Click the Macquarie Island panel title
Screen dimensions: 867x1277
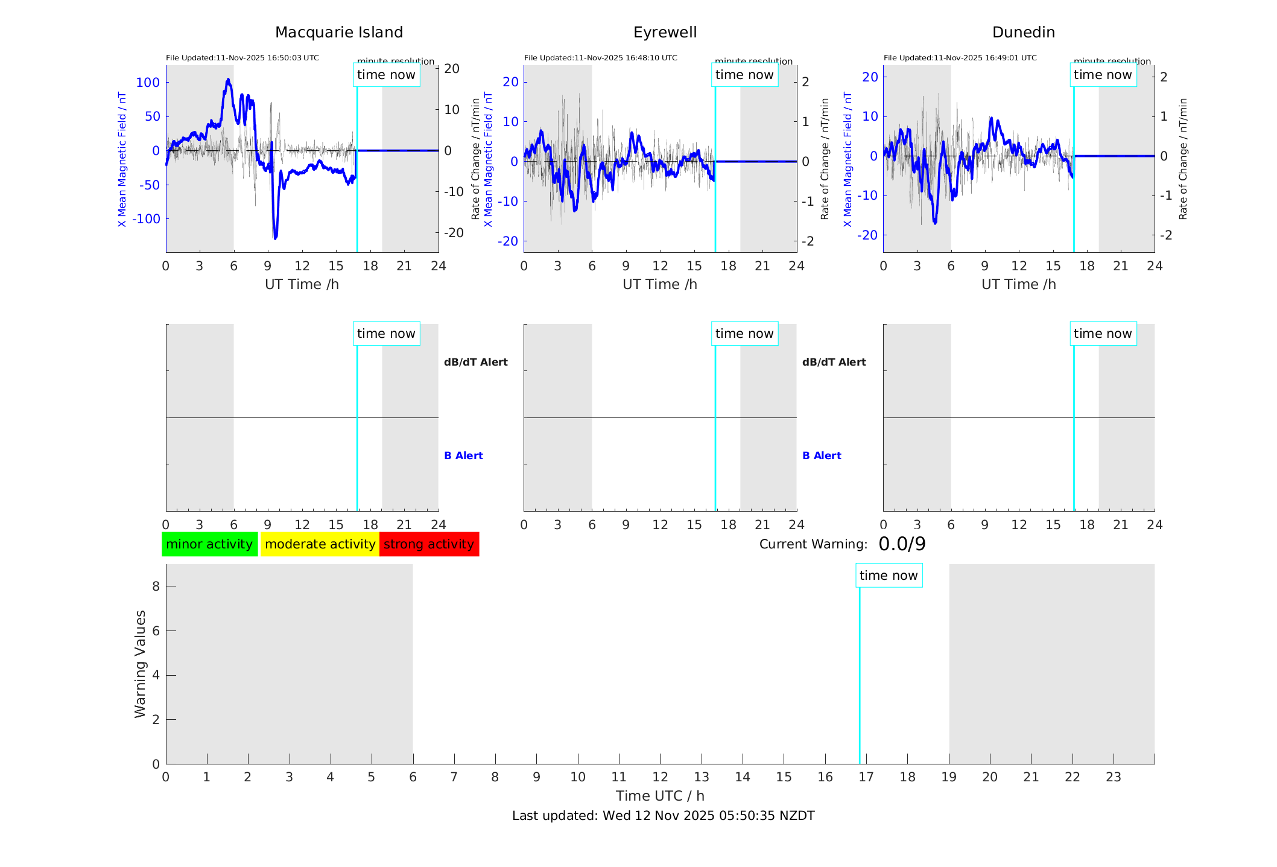pyautogui.click(x=338, y=33)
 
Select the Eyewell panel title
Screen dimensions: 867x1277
pyautogui.click(x=665, y=33)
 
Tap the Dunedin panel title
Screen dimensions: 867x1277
pyautogui.click(x=1023, y=33)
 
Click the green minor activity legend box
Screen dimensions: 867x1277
pyautogui.click(x=209, y=544)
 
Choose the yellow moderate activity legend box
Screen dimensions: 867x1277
pyautogui.click(x=320, y=544)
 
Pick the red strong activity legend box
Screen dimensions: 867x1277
pyautogui.click(x=429, y=544)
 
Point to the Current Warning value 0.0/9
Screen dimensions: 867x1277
pyautogui.click(x=902, y=544)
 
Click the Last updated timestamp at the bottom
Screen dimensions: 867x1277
pyautogui.click(x=663, y=816)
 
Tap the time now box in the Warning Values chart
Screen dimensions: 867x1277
pyautogui.click(x=889, y=576)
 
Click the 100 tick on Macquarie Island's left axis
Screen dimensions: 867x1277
pyautogui.click(x=148, y=83)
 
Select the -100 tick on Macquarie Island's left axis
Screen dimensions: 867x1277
pyautogui.click(x=146, y=219)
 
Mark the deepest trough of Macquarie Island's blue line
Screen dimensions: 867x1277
pyautogui.click(x=276, y=238)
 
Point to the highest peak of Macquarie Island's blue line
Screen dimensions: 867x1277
pyautogui.click(x=228, y=80)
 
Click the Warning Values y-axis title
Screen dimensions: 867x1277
pyautogui.click(x=140, y=664)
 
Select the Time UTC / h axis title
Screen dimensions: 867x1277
pyautogui.click(x=660, y=796)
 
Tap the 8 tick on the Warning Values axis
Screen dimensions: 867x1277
pyautogui.click(x=156, y=586)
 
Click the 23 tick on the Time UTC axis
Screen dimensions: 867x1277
pyautogui.click(x=1113, y=777)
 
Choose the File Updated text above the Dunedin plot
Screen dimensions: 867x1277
pyautogui.click(x=960, y=58)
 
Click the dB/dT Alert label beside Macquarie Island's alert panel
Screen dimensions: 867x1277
pyautogui.click(x=475, y=362)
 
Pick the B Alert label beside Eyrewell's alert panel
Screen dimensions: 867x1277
pyautogui.click(x=822, y=456)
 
